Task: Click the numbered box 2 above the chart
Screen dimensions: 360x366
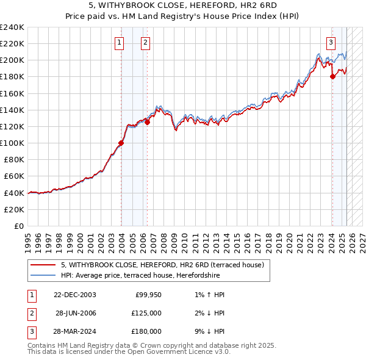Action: pyautogui.click(x=146, y=43)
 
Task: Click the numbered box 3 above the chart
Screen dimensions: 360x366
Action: pyautogui.click(x=331, y=43)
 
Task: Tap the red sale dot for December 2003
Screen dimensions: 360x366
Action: pyautogui.click(x=121, y=143)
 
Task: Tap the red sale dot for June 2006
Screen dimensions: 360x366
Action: pyautogui.click(x=148, y=122)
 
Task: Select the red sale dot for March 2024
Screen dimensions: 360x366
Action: pyautogui.click(x=332, y=76)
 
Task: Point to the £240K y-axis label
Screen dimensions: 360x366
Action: pyautogui.click(x=12, y=27)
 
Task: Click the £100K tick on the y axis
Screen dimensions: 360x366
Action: pyautogui.click(x=12, y=143)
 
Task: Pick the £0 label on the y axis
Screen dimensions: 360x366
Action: pyautogui.click(x=19, y=226)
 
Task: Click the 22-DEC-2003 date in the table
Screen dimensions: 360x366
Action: pyautogui.click(x=75, y=295)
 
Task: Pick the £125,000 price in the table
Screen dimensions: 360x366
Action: pyautogui.click(x=147, y=313)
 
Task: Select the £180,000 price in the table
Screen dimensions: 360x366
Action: pyautogui.click(x=147, y=331)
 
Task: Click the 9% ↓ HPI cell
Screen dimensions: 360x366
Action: pyautogui.click(x=207, y=331)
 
